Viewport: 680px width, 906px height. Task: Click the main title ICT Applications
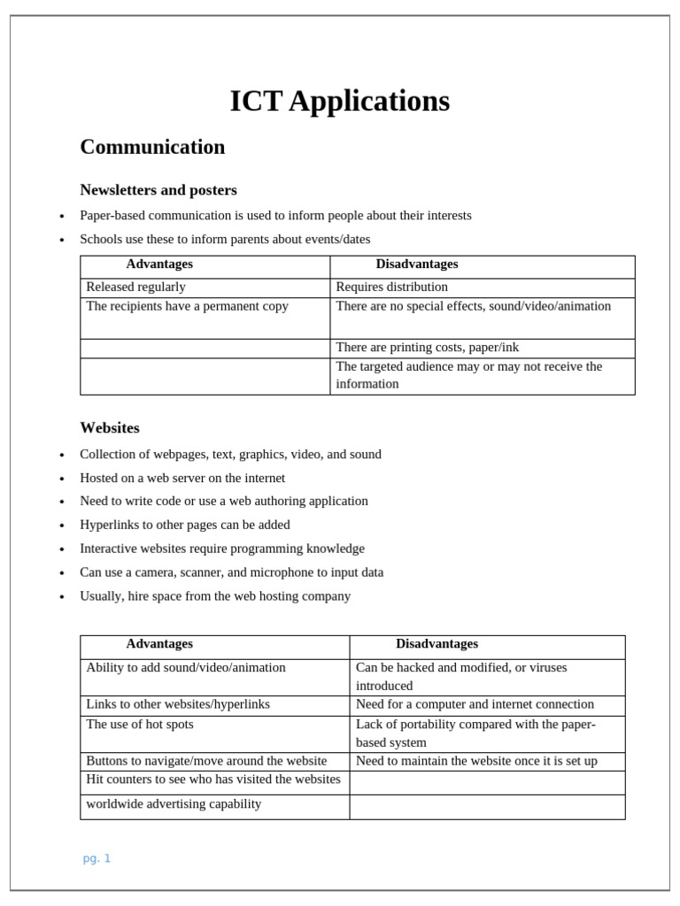339,102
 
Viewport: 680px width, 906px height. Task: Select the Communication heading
152,147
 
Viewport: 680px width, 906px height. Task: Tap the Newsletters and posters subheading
158,190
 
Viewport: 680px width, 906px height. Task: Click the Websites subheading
110,428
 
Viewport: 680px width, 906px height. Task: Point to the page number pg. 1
97,858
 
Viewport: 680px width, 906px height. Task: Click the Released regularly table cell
136,287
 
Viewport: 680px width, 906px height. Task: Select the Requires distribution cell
392,287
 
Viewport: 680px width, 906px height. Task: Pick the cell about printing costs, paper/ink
428,348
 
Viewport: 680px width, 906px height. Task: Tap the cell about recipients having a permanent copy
187,306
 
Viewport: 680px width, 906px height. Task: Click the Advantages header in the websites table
159,644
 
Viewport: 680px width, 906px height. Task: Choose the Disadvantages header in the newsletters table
417,265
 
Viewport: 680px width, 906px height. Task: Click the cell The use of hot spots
140,724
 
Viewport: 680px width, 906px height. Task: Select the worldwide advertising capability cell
174,804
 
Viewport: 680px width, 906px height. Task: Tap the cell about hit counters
213,779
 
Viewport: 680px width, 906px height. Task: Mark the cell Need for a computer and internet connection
475,704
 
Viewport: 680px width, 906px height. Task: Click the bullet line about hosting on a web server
182,478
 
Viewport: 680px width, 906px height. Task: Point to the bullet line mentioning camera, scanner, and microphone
231,572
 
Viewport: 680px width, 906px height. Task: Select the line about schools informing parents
225,239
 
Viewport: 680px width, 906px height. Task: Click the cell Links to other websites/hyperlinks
178,704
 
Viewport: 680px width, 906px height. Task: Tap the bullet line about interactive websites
222,549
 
